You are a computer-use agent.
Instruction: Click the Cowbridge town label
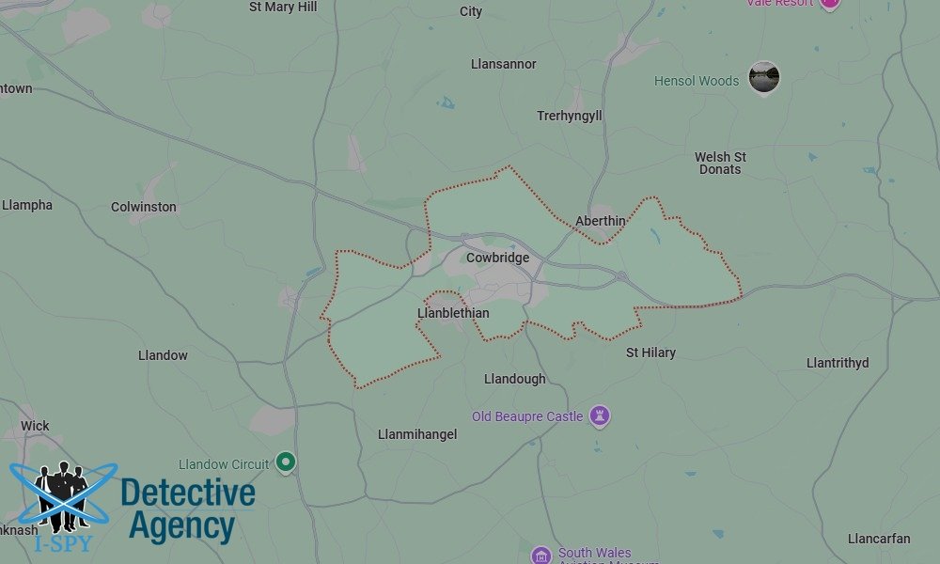click(x=497, y=258)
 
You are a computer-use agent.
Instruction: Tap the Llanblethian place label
click(x=452, y=313)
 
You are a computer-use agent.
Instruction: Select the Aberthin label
click(x=600, y=221)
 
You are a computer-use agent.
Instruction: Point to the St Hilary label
click(x=650, y=352)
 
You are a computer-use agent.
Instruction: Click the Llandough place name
click(x=514, y=379)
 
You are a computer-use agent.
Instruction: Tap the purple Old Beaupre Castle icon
click(x=600, y=415)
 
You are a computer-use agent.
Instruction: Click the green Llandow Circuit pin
click(x=287, y=462)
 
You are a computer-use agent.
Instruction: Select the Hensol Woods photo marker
click(x=763, y=78)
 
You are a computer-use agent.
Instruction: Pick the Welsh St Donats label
click(x=720, y=163)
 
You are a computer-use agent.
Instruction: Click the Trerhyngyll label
click(x=569, y=116)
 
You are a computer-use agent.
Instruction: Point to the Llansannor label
click(x=503, y=64)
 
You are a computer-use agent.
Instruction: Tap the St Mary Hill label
click(x=283, y=7)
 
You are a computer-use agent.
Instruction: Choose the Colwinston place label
click(x=143, y=207)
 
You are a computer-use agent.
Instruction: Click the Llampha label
click(x=27, y=205)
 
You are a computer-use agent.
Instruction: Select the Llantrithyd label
click(x=838, y=363)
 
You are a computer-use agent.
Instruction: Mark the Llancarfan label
click(x=878, y=539)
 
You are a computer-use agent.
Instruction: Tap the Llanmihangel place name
click(x=416, y=434)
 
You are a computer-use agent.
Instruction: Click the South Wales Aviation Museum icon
click(x=540, y=555)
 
